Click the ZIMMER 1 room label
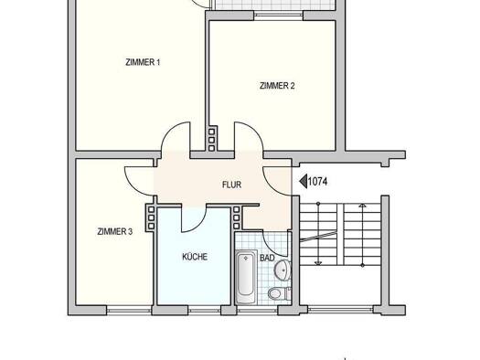pyautogui.click(x=143, y=62)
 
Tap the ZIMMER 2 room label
pyautogui.click(x=277, y=86)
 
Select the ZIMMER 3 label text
pyautogui.click(x=115, y=231)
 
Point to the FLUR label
pyautogui.click(x=231, y=185)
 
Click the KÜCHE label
pyautogui.click(x=195, y=257)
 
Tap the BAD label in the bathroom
pyautogui.click(x=267, y=258)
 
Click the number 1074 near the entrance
pyautogui.click(x=318, y=182)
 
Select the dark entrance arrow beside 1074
pyautogui.click(x=304, y=182)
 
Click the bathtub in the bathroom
pyautogui.click(x=246, y=277)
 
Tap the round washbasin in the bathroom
pyautogui.click(x=283, y=270)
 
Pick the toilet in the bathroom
pyautogui.click(x=279, y=293)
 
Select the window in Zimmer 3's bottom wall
pyautogui.click(x=129, y=310)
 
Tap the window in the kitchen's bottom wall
pyautogui.click(x=204, y=310)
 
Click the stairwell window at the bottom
pyautogui.click(x=341, y=310)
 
